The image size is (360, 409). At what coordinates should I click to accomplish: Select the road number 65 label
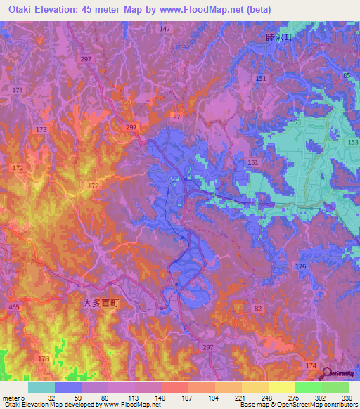point(347,75)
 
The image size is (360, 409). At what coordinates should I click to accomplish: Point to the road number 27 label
point(176,117)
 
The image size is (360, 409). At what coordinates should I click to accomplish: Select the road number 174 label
point(311,366)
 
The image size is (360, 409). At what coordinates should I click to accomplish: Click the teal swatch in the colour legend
point(41,387)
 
